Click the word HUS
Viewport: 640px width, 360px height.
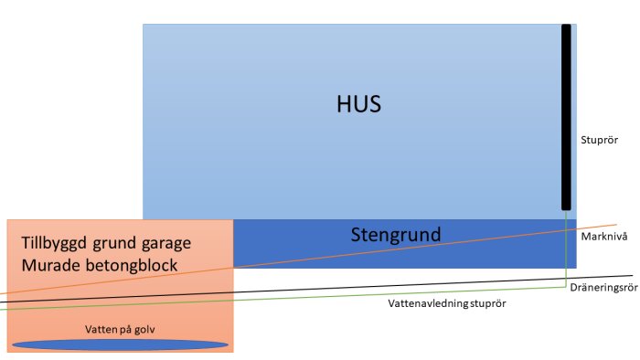tap(357, 103)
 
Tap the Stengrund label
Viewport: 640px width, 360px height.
tap(395, 234)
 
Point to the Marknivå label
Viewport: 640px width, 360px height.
tap(603, 236)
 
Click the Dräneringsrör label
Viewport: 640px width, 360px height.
tap(602, 287)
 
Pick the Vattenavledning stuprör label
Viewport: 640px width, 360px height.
tap(446, 302)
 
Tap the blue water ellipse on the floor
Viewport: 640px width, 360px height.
tap(119, 344)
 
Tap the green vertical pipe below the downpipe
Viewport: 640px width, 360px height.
tap(566, 251)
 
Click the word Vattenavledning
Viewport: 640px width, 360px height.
tap(426, 302)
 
